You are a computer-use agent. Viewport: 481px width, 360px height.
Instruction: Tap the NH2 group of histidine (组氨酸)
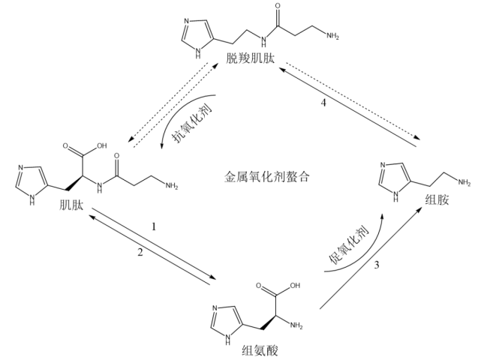pyautogui.click(x=296, y=325)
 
